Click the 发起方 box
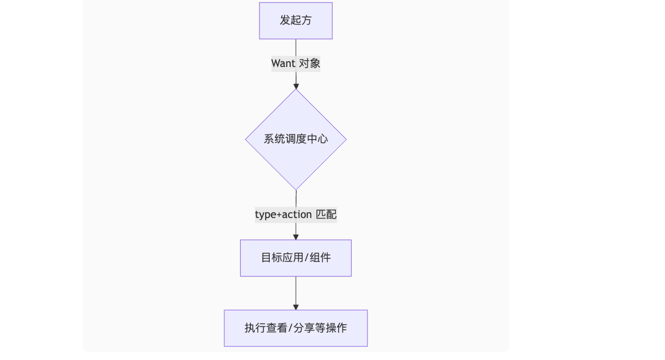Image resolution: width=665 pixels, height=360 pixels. (x=295, y=21)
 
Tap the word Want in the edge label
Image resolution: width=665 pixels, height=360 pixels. (x=283, y=64)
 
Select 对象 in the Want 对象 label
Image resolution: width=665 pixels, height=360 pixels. (x=310, y=64)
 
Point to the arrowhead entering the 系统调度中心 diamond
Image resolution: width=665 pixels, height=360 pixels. (x=296, y=86)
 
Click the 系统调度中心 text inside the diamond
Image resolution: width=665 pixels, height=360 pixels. (x=296, y=139)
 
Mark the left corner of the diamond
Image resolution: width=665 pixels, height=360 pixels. (x=246, y=139)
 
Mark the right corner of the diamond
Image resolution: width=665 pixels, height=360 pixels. (x=345, y=139)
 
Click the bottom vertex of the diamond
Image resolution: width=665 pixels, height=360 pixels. (x=296, y=189)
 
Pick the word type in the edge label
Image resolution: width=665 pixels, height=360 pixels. (x=265, y=215)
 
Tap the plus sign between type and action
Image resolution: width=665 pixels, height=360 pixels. (x=278, y=215)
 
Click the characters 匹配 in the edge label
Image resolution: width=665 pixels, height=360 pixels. (x=326, y=215)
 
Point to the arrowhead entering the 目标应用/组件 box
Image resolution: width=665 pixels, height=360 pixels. (x=296, y=236)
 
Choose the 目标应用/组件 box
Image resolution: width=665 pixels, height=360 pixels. (x=295, y=258)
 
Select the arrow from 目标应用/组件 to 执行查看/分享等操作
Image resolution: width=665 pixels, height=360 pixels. (x=296, y=292)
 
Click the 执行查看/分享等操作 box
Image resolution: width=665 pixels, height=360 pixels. (x=295, y=328)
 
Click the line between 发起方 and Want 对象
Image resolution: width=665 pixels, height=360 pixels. (x=296, y=47)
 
